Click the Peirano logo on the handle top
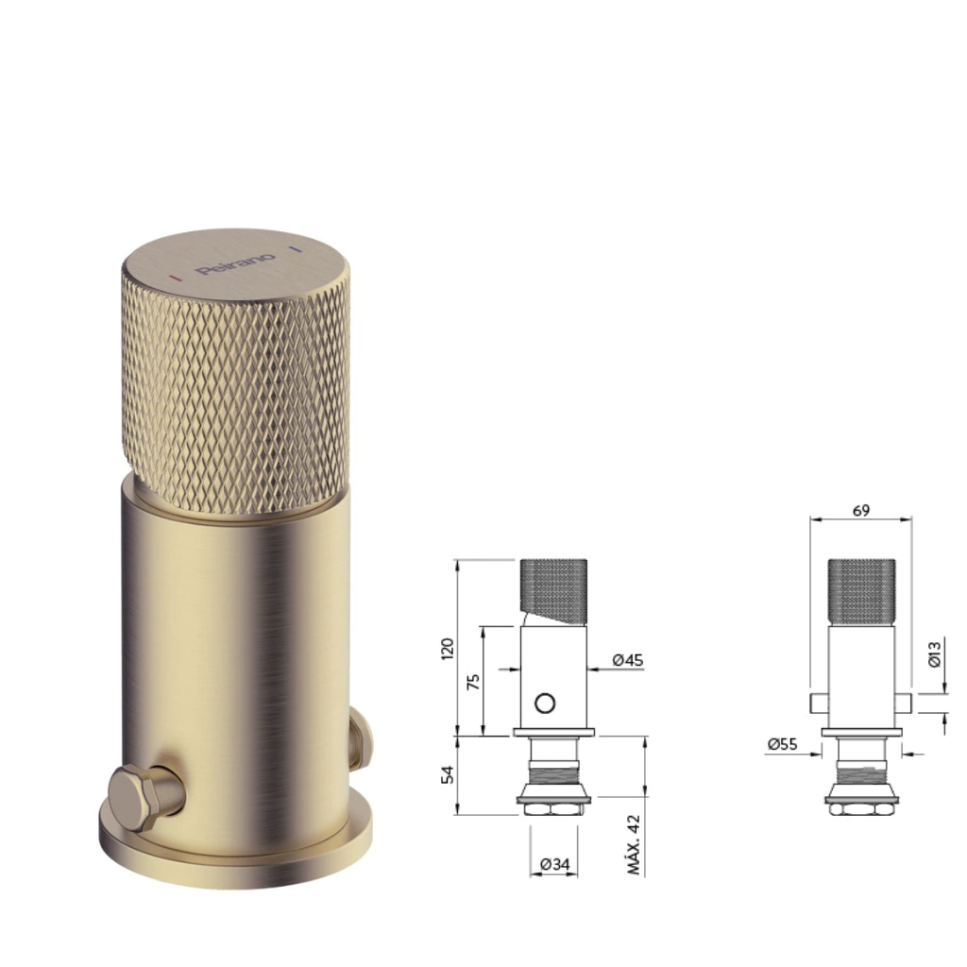(x=235, y=264)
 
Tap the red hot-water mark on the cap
(x=176, y=279)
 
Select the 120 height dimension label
(x=448, y=649)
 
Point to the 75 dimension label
(x=474, y=682)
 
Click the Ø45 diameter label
(x=628, y=660)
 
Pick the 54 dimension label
(x=448, y=774)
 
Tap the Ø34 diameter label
(x=554, y=865)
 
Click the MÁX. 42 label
(x=634, y=845)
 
